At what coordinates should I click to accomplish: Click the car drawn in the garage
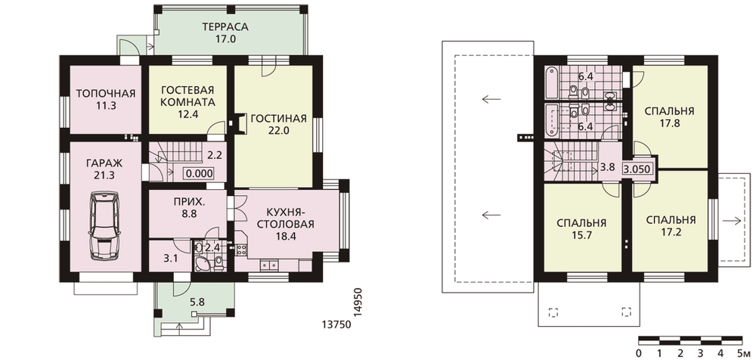tap(103, 225)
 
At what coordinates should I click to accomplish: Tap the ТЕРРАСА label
tap(225, 27)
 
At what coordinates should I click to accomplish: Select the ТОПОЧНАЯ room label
tap(106, 93)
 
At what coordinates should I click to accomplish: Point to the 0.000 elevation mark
tap(199, 173)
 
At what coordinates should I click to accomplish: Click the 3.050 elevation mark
tap(638, 169)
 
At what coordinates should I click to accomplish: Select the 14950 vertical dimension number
tap(358, 303)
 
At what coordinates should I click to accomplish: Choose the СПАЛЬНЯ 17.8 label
tap(669, 116)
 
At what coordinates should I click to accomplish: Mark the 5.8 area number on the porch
tap(197, 303)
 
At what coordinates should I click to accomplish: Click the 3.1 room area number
tap(170, 259)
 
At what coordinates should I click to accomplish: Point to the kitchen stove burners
tap(241, 250)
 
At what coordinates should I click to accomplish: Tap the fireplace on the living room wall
tap(240, 122)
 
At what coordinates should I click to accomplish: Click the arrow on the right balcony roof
tap(733, 221)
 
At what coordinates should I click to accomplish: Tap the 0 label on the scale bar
tap(639, 352)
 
